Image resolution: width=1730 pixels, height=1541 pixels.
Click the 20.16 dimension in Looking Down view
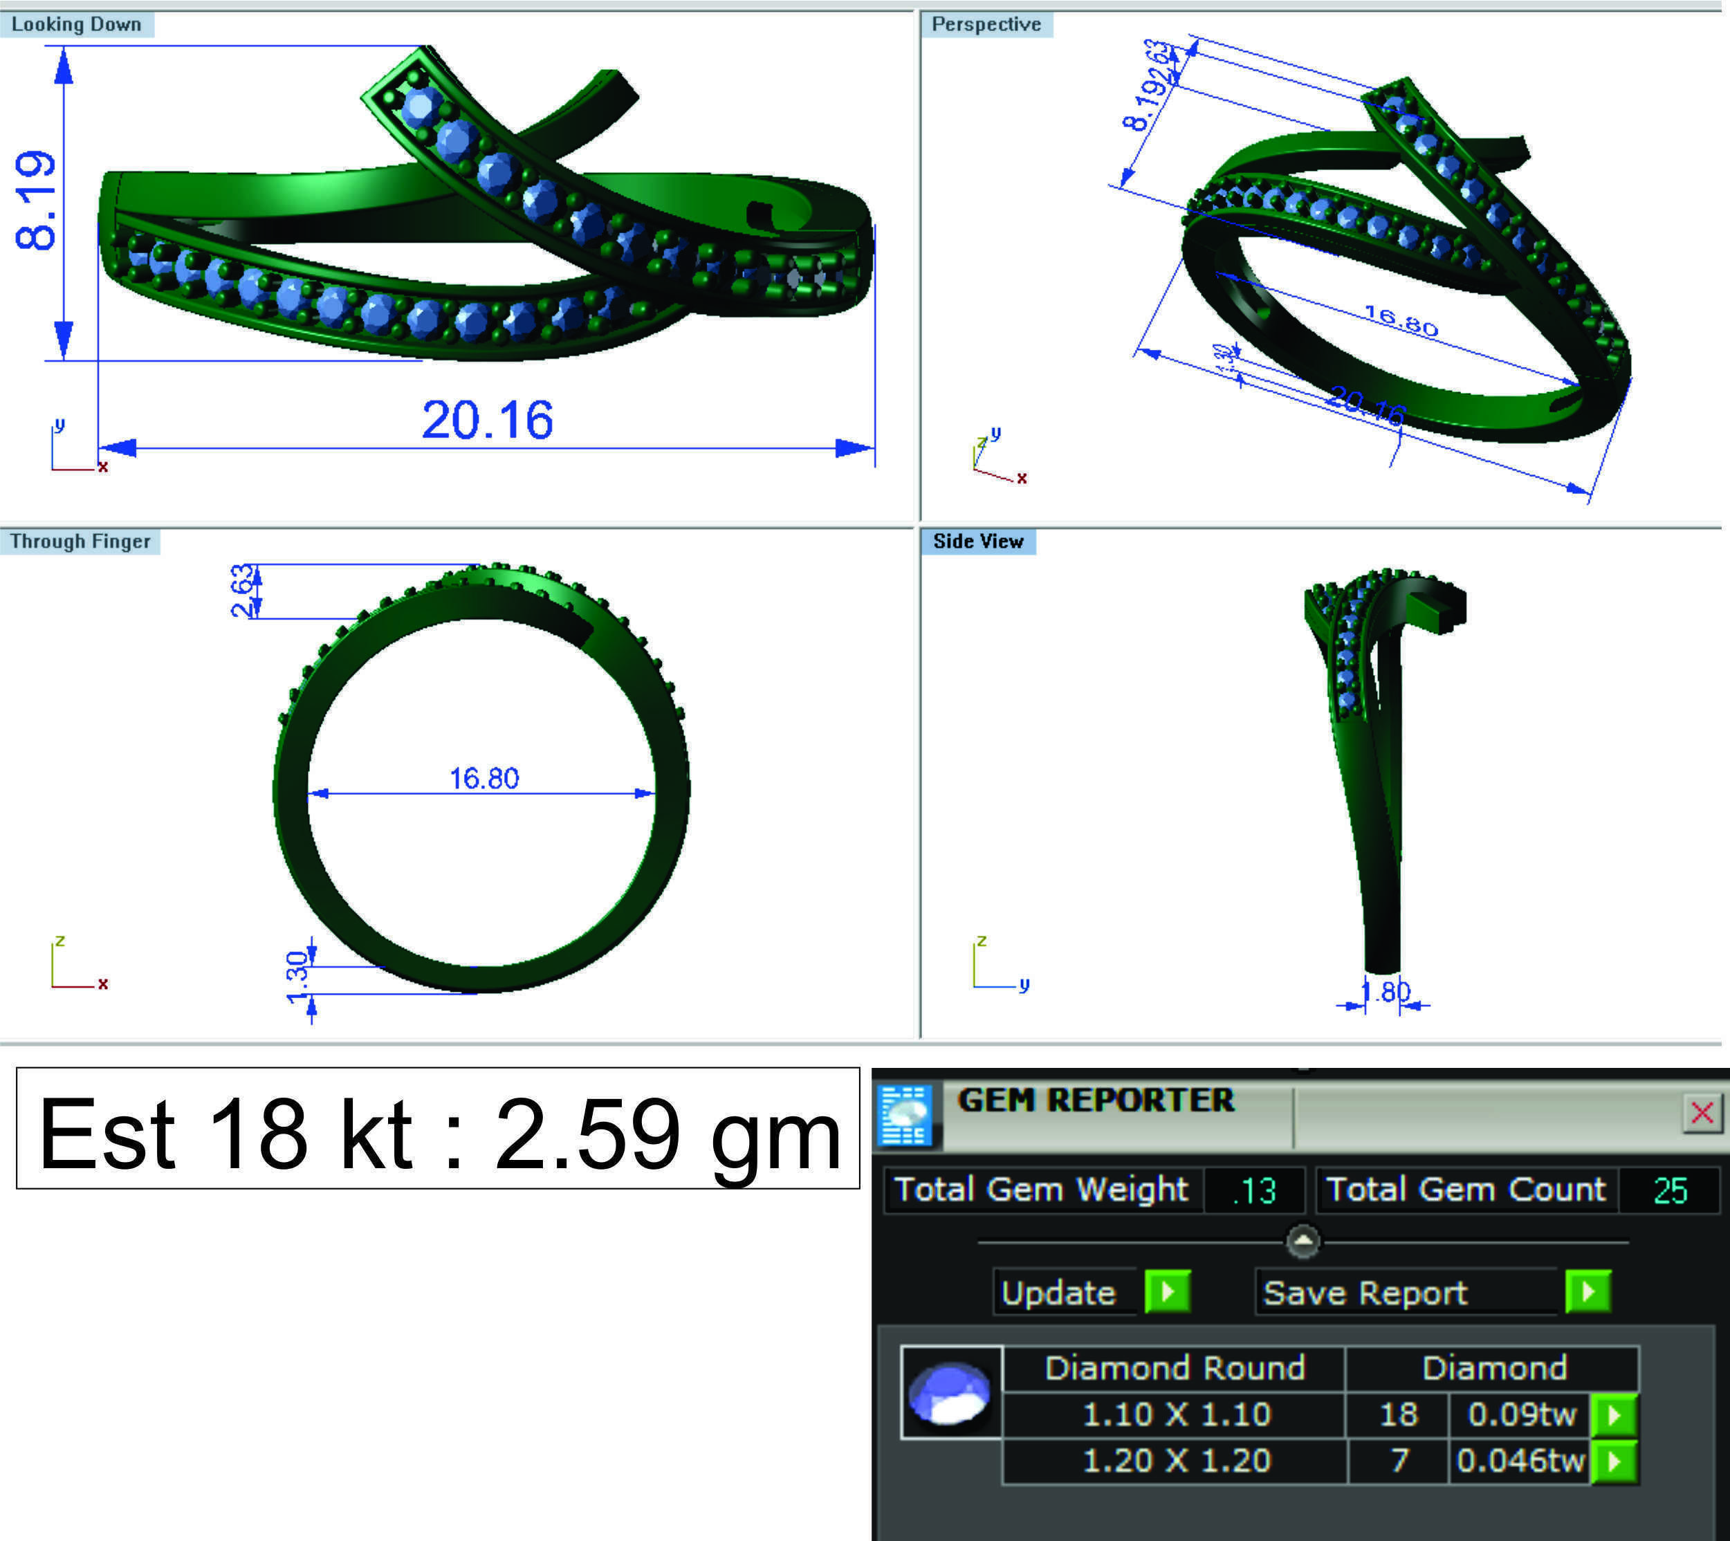[487, 420]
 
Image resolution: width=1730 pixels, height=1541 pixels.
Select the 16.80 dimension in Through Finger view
[484, 778]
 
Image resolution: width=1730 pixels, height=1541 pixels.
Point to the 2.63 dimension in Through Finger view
[242, 590]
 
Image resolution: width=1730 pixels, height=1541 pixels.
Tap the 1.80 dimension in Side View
[1386, 992]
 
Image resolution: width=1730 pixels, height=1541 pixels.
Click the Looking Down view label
[76, 25]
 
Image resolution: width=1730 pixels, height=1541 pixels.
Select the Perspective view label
[986, 25]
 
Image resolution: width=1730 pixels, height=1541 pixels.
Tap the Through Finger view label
[80, 542]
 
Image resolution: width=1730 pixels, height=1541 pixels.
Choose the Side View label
[978, 542]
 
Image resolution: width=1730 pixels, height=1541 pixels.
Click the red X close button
[1701, 1113]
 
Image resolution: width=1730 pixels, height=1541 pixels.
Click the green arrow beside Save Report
[1588, 1292]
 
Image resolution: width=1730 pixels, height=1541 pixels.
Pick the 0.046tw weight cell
[1519, 1461]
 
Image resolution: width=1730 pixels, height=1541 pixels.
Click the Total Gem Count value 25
[1670, 1190]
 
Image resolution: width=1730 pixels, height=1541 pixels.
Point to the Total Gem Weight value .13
[1254, 1190]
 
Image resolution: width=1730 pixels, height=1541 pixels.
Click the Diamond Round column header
[1175, 1368]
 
